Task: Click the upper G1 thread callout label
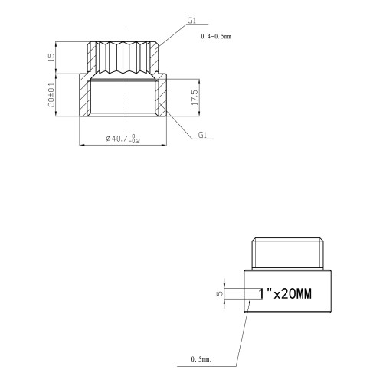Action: (191, 20)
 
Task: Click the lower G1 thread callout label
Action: (202, 135)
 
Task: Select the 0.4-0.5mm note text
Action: (216, 37)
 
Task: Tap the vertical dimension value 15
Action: (51, 57)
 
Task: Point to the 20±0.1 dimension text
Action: (51, 95)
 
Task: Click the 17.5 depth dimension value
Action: (195, 97)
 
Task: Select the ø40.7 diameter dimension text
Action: (123, 139)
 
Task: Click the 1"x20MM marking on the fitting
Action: (285, 293)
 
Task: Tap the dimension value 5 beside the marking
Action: (220, 293)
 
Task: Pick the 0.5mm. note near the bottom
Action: (201, 359)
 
